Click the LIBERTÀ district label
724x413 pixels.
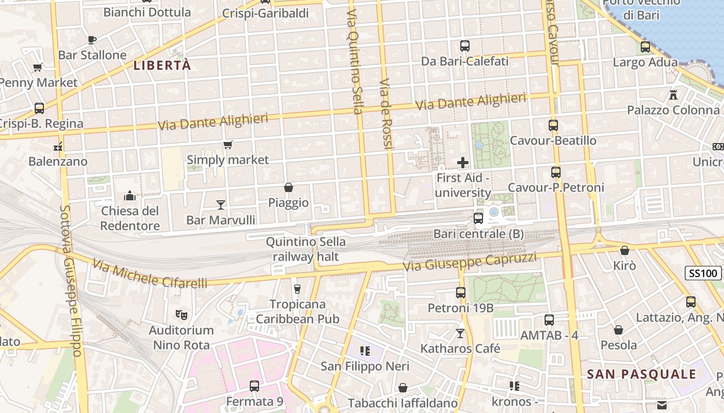pyautogui.click(x=162, y=66)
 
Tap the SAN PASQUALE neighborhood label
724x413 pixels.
pyautogui.click(x=641, y=374)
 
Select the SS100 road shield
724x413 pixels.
pyautogui.click(x=703, y=273)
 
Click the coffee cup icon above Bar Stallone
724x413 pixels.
pyautogui.click(x=92, y=40)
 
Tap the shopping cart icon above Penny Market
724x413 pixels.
pyautogui.click(x=37, y=67)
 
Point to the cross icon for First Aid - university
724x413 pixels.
pyautogui.click(x=463, y=163)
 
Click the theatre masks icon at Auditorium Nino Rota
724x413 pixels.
pyautogui.click(x=181, y=314)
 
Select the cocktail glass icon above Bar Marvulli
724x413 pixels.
pyautogui.click(x=221, y=205)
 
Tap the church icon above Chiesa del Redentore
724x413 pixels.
pyautogui.click(x=130, y=196)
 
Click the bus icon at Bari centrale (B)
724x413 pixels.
pyautogui.click(x=478, y=218)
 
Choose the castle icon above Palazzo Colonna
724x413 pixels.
pyautogui.click(x=673, y=94)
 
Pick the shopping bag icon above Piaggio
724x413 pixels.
pyautogui.click(x=289, y=187)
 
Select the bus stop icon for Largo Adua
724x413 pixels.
pyautogui.click(x=645, y=47)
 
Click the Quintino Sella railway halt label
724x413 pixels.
pyautogui.click(x=306, y=249)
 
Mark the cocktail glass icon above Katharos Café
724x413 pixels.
pyautogui.click(x=460, y=333)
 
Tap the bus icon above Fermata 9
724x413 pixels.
pyautogui.click(x=254, y=386)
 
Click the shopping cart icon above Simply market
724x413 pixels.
pyautogui.click(x=228, y=145)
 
